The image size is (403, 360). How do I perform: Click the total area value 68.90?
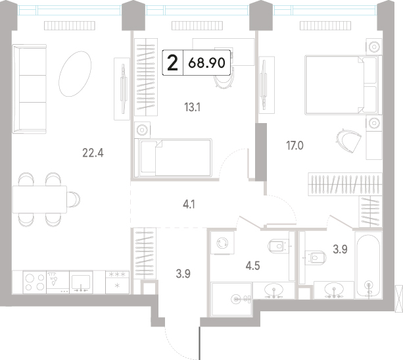[x=206, y=63]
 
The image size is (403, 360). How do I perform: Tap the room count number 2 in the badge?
[x=172, y=63]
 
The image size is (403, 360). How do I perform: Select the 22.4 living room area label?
[x=93, y=153]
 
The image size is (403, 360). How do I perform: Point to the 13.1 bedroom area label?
[x=192, y=107]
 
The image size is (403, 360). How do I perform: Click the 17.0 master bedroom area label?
[x=295, y=146]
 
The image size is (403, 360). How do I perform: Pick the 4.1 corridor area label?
[x=189, y=205]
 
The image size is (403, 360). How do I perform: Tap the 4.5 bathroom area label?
[x=252, y=266]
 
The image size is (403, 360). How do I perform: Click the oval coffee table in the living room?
[x=75, y=74]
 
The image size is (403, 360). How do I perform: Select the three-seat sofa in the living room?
[x=30, y=89]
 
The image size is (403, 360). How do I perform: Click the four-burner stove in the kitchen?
[x=35, y=282]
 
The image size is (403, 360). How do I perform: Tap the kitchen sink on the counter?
[x=81, y=282]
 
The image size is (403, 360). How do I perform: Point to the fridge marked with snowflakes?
[x=117, y=282]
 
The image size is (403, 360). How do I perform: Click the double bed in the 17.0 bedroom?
[x=343, y=85]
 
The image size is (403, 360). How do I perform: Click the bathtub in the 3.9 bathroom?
[x=368, y=265]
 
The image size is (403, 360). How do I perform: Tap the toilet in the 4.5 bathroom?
[x=278, y=246]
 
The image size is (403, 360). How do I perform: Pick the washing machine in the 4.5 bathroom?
[x=222, y=243]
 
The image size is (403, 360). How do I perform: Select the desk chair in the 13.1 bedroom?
[x=224, y=78]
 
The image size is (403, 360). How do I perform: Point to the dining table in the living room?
[x=39, y=199]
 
